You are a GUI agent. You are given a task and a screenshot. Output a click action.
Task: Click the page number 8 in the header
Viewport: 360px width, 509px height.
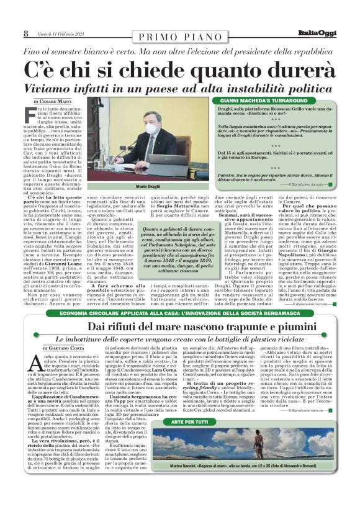25,34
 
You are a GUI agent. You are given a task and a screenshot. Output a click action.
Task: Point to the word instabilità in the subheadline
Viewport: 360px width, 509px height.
259,89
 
